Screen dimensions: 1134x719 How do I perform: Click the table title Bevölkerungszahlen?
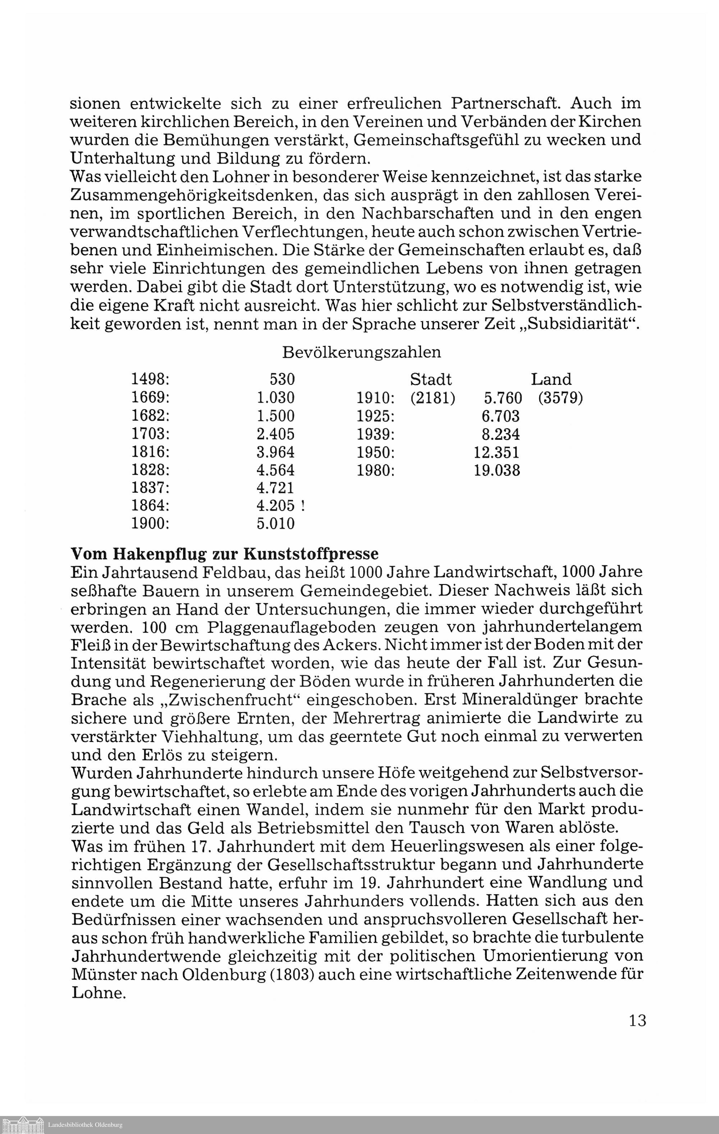click(x=361, y=352)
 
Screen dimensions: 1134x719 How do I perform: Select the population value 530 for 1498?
click(x=282, y=379)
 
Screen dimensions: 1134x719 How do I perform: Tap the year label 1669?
click(x=150, y=398)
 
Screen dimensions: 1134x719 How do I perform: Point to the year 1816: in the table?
click(x=150, y=452)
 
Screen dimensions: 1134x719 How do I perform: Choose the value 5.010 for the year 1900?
click(x=275, y=524)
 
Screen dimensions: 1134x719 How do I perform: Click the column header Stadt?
click(x=431, y=379)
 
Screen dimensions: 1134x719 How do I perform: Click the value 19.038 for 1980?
click(x=497, y=470)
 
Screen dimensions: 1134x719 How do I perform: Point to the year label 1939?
click(x=375, y=434)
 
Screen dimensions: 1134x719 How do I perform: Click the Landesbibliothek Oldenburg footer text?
click(x=85, y=1125)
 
